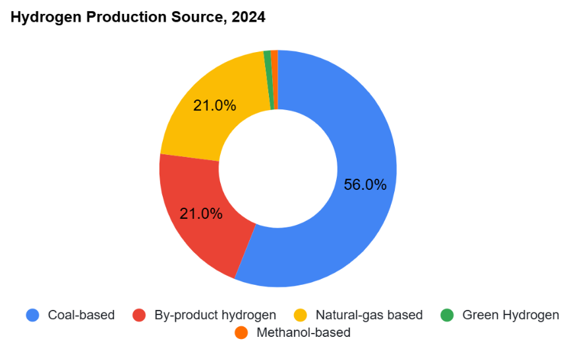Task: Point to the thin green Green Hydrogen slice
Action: point(268,79)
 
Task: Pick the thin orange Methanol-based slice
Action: point(275,79)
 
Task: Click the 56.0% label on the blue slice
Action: point(365,185)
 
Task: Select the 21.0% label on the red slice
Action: point(201,214)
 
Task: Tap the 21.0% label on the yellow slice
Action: point(214,105)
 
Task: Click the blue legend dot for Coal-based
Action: point(32,315)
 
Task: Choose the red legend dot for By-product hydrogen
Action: point(139,315)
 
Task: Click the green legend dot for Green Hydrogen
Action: point(447,315)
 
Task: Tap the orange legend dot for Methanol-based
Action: point(241,333)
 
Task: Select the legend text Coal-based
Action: point(81,315)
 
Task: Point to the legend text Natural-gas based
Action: point(368,315)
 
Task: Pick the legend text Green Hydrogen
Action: point(510,315)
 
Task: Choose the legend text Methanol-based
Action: point(303,333)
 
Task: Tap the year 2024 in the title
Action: point(249,18)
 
